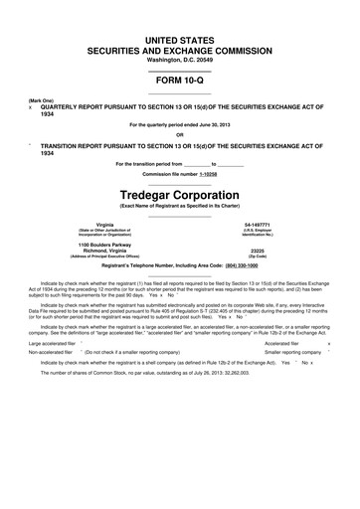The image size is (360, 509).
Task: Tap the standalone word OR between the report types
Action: click(180, 136)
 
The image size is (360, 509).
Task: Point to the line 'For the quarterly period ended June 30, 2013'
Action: click(179, 124)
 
